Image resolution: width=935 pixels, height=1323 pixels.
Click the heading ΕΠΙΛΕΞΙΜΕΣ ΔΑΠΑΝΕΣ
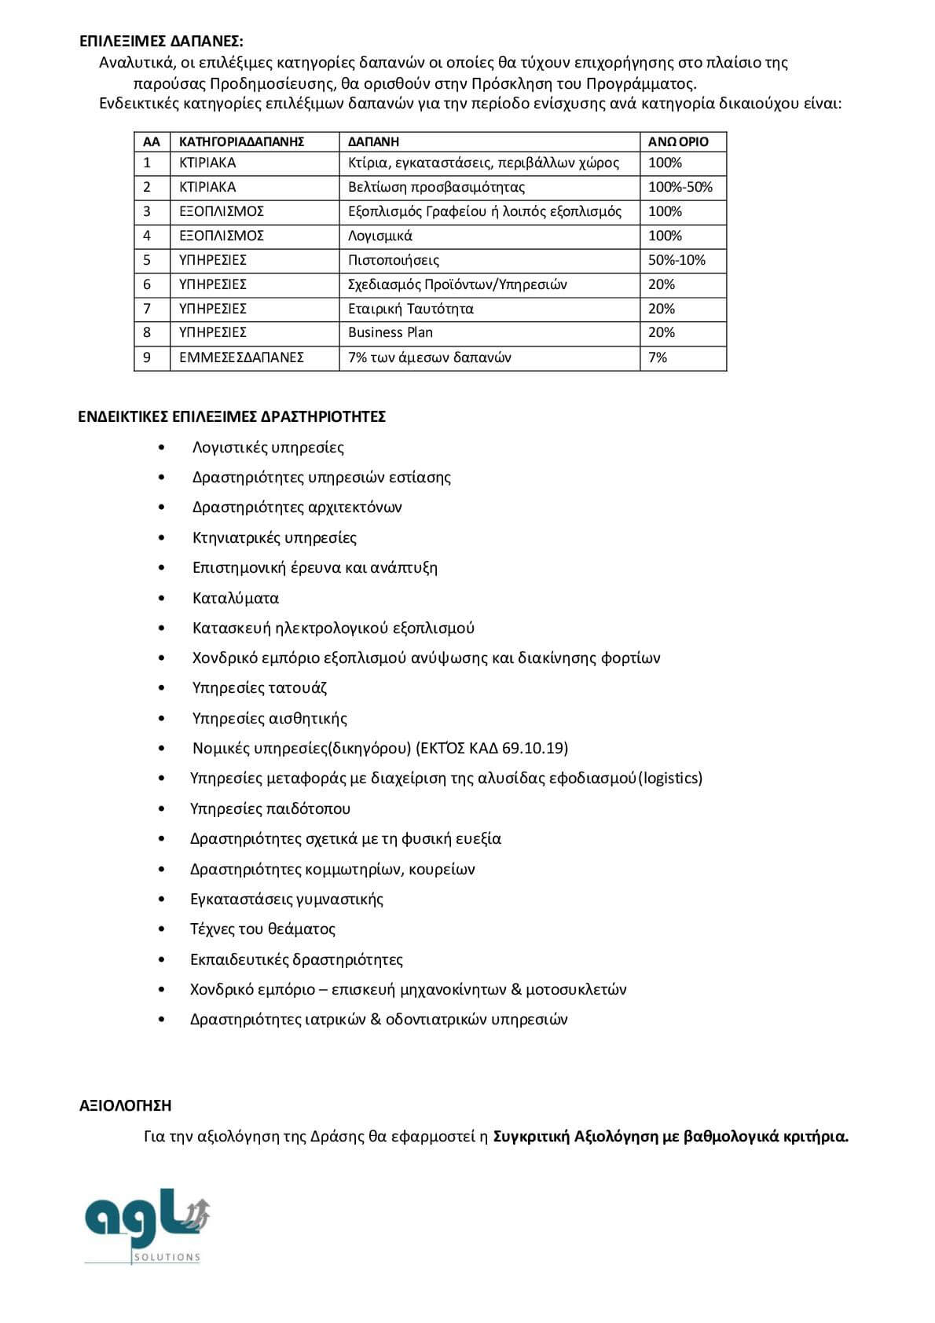(161, 42)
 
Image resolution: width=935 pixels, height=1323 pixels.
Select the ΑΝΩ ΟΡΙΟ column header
(678, 141)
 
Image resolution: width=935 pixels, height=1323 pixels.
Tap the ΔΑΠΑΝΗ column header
(373, 141)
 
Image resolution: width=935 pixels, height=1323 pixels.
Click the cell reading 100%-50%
(680, 187)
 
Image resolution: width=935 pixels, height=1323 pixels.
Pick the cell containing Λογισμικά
(380, 236)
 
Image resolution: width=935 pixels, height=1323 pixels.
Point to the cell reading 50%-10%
(676, 260)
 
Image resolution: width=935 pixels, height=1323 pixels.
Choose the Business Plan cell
(390, 332)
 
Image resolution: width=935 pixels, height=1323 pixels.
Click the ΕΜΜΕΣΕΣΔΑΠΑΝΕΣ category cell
(241, 357)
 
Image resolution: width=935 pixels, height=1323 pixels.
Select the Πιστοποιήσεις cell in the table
(394, 260)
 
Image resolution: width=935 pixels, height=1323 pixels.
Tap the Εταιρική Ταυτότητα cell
(411, 309)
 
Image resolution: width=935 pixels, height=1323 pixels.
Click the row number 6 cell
(147, 284)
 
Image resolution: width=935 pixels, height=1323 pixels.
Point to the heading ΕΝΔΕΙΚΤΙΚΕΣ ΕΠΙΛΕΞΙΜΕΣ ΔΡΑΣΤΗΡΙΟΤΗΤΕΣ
(232, 416)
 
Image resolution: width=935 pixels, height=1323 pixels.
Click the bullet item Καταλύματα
(236, 598)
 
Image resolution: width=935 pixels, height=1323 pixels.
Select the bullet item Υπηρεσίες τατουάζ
(259, 688)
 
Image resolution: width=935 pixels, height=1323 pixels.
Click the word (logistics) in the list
(670, 778)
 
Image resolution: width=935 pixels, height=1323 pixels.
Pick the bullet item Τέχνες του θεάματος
(262, 929)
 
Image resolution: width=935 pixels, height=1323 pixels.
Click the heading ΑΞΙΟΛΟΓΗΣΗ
(125, 1105)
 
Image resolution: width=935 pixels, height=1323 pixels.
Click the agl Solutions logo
(147, 1224)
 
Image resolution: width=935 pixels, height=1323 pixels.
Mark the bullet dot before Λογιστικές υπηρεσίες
(162, 448)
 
